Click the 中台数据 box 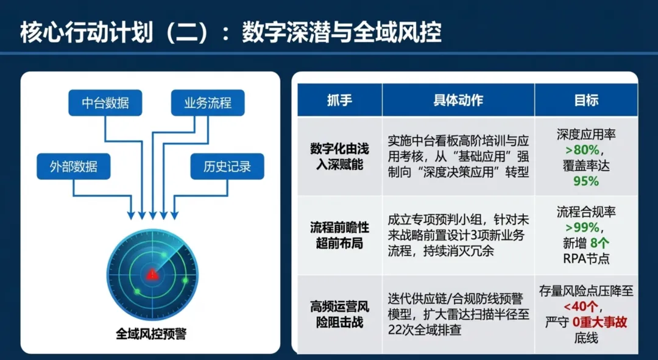point(105,103)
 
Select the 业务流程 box point(208,103)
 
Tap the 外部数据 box point(73,166)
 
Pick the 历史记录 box point(227,166)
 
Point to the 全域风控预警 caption point(151,334)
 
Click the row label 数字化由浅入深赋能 point(339,157)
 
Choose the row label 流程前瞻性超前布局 point(339,235)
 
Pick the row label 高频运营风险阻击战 point(339,314)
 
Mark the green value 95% point(586,181)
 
